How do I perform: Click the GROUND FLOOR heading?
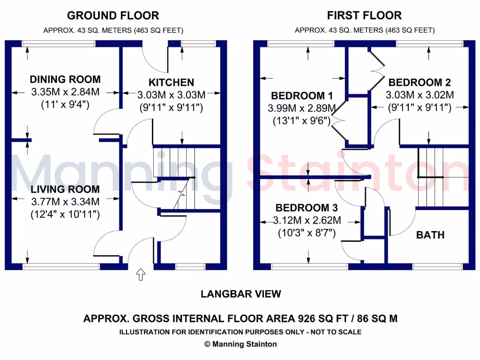click(x=113, y=15)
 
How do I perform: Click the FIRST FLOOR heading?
click(x=364, y=15)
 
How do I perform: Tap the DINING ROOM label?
click(x=65, y=79)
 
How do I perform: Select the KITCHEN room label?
click(x=171, y=82)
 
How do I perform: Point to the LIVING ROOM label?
click(x=65, y=189)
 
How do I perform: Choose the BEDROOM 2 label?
click(x=420, y=82)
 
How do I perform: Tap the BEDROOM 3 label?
click(x=307, y=207)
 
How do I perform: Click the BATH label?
click(x=430, y=235)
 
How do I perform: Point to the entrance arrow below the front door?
click(x=140, y=275)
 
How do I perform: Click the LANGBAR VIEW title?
click(x=241, y=294)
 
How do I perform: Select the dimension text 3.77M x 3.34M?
click(x=65, y=202)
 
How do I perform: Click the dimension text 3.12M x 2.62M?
click(x=307, y=220)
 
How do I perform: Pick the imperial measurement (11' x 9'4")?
click(x=66, y=104)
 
